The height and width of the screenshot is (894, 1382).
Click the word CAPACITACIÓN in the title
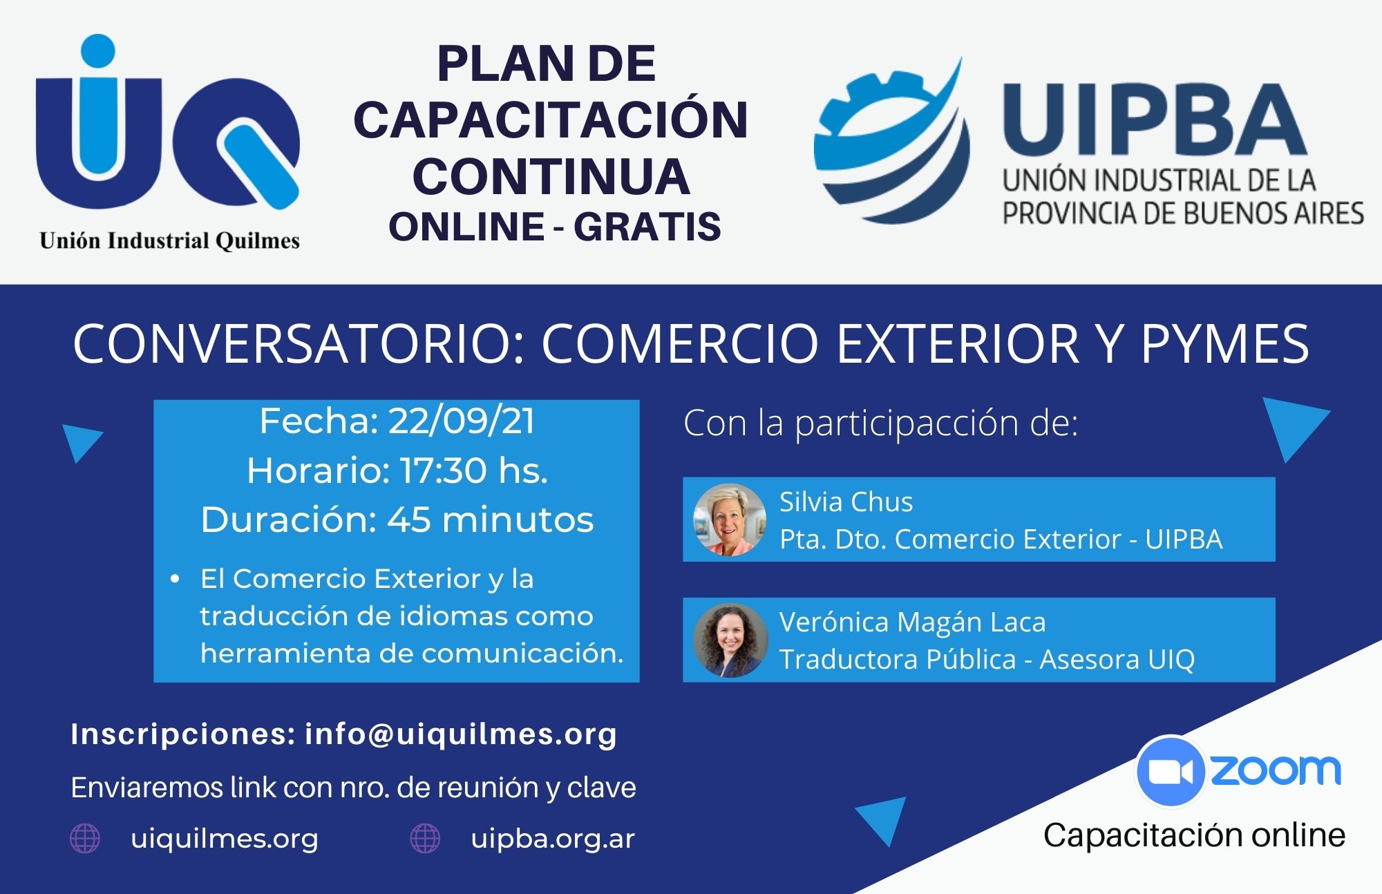pyautogui.click(x=551, y=120)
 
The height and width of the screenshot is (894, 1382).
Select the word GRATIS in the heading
pyautogui.click(x=647, y=227)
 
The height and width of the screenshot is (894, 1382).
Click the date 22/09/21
pyautogui.click(x=462, y=421)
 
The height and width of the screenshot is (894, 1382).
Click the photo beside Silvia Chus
pyautogui.click(x=730, y=520)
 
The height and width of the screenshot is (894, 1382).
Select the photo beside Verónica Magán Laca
pyautogui.click(x=730, y=640)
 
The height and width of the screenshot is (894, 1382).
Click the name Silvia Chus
pyautogui.click(x=846, y=502)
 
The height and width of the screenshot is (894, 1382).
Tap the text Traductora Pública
pyautogui.click(x=898, y=659)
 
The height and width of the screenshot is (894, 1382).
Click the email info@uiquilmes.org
pyautogui.click(x=461, y=734)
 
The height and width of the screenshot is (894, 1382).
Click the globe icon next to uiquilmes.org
pyautogui.click(x=85, y=839)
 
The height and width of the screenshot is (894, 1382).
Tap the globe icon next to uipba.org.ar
pyautogui.click(x=425, y=839)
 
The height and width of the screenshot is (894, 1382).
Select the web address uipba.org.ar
pyautogui.click(x=553, y=839)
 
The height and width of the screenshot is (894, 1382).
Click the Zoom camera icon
pyautogui.click(x=1171, y=771)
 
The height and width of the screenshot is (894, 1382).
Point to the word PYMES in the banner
pyautogui.click(x=1225, y=343)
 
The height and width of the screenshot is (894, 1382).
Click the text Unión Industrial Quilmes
pyautogui.click(x=169, y=240)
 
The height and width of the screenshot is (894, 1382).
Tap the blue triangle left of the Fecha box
pyautogui.click(x=81, y=443)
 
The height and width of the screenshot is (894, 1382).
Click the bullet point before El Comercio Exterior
pyautogui.click(x=175, y=579)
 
